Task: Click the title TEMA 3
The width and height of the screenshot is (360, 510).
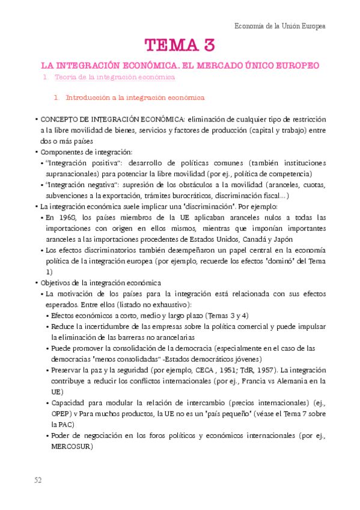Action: coord(179,45)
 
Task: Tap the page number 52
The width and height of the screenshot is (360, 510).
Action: coord(38,480)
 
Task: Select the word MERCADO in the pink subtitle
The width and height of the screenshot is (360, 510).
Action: coord(230,64)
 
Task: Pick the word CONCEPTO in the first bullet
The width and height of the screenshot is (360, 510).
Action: coord(59,119)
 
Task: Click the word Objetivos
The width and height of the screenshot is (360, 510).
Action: coord(55,282)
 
